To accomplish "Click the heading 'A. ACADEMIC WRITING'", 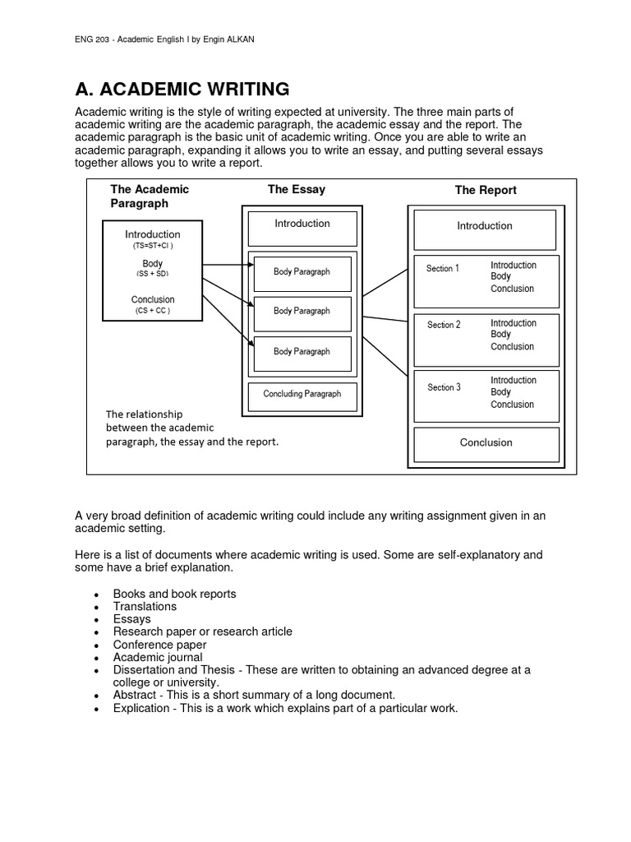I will [182, 89].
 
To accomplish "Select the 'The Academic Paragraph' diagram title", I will [150, 196].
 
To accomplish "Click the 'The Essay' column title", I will [296, 189].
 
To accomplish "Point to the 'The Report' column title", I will [486, 190].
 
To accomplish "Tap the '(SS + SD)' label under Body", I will [152, 273].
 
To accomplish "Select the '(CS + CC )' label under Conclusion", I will [152, 312].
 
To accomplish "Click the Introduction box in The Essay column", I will [302, 228].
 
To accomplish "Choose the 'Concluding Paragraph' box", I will [302, 395].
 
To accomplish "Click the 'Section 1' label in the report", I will [443, 269].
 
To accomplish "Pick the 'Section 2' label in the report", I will [444, 325].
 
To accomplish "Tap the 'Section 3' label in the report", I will [444, 387].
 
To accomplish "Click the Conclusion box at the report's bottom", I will [486, 443].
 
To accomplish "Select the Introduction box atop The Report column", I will [485, 227].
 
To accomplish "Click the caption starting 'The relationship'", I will [192, 428].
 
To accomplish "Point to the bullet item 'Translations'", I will [145, 606].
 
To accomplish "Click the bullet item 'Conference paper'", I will [159, 645].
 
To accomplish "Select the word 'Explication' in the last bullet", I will [140, 708].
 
